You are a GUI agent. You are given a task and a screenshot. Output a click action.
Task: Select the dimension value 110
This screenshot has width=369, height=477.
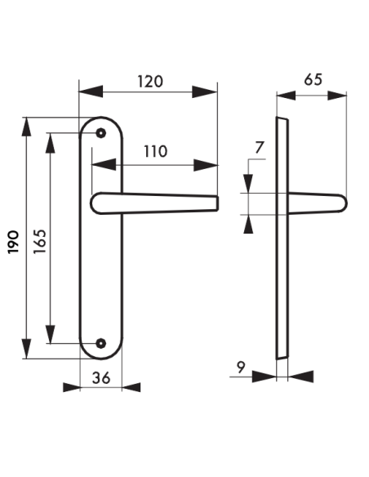point(155,151)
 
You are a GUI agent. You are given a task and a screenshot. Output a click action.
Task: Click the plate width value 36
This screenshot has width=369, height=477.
point(101,377)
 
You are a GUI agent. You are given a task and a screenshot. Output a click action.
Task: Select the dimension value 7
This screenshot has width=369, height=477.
point(260,148)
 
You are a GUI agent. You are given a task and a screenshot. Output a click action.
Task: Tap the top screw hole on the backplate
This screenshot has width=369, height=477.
point(101,132)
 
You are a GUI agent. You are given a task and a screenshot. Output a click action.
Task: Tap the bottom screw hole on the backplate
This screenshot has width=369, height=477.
point(101,343)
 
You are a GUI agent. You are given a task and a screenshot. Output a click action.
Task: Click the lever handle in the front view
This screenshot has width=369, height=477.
point(155,203)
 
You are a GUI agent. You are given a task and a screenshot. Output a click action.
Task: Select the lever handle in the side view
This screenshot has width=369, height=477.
point(314,203)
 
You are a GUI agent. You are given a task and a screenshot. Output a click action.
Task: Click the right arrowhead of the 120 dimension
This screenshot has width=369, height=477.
point(211,91)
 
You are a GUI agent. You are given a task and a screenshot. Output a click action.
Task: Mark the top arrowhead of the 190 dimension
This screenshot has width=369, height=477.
point(28,126)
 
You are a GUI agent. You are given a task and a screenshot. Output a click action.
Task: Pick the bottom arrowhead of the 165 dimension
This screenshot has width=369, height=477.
point(51,336)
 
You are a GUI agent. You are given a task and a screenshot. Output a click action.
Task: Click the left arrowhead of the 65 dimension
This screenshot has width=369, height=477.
point(283,94)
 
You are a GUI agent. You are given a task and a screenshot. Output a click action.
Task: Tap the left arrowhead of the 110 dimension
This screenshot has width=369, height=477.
point(98,164)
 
